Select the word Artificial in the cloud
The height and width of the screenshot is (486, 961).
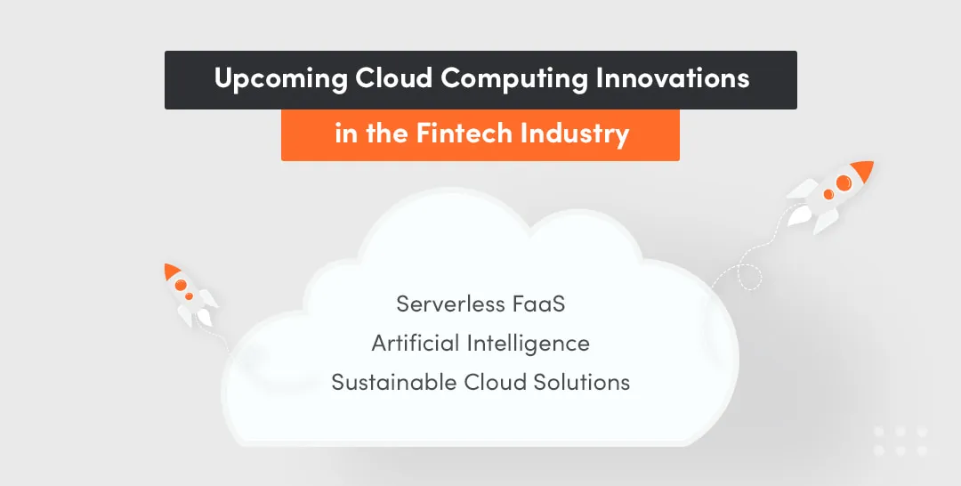tap(415, 344)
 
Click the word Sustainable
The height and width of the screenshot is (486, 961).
tap(394, 383)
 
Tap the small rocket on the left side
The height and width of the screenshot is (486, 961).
tap(188, 293)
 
